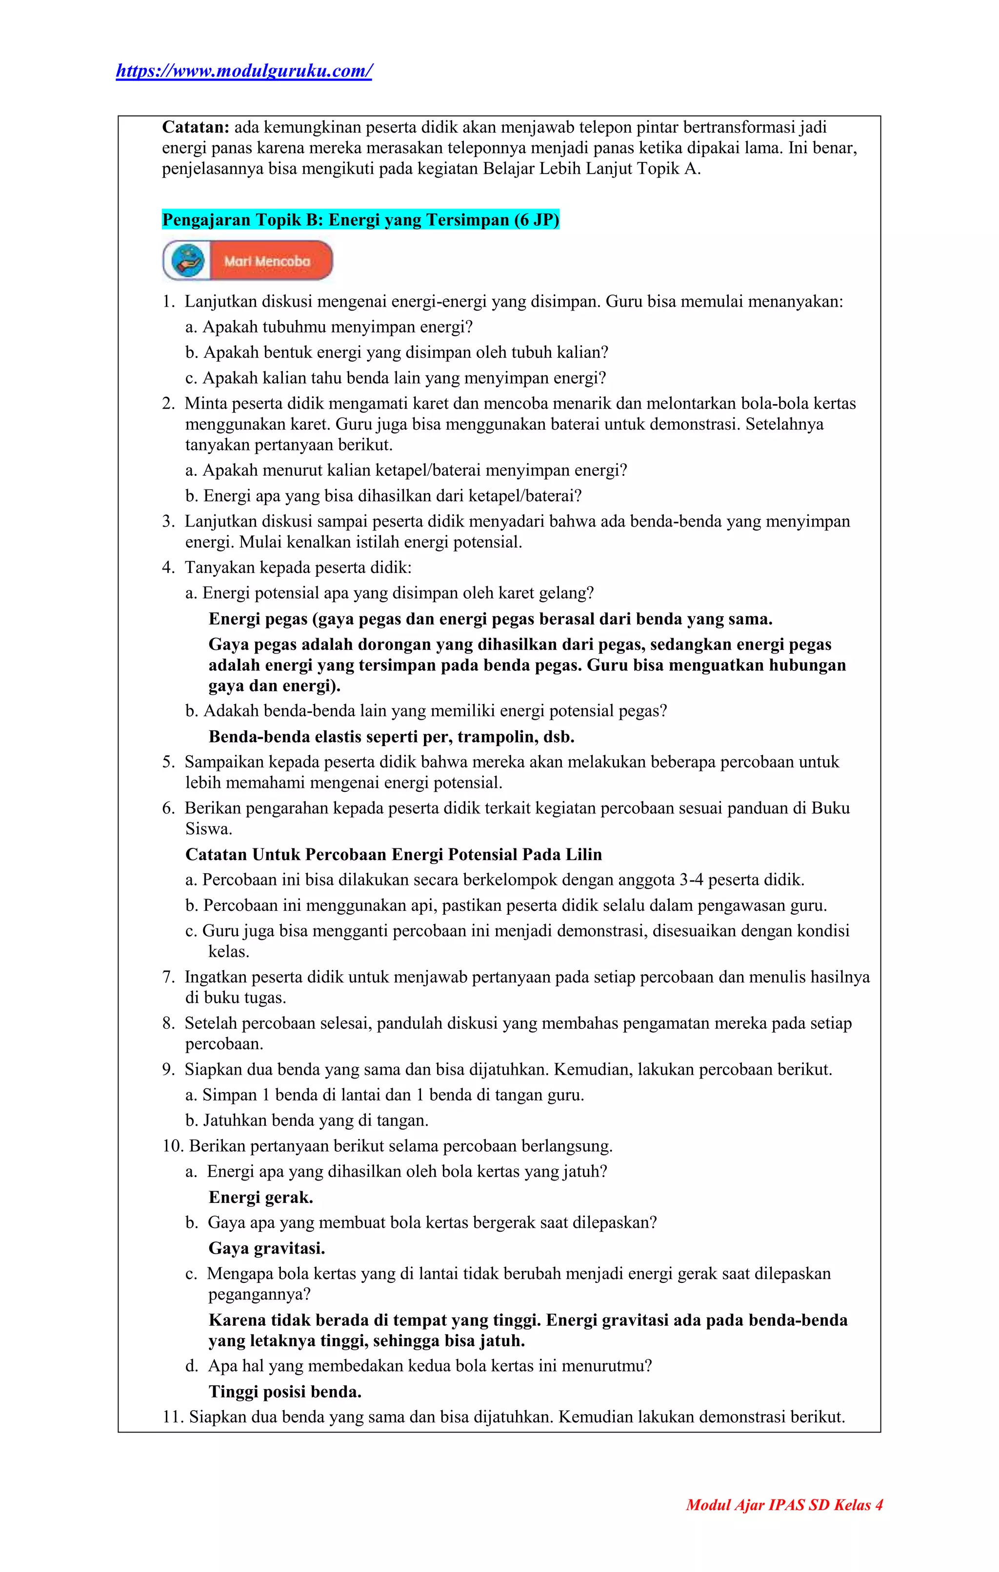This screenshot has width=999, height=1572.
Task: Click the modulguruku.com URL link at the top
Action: pyautogui.click(x=243, y=71)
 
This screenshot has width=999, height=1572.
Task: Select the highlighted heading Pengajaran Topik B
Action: pyautogui.click(x=360, y=220)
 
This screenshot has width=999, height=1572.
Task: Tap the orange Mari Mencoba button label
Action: pyautogui.click(x=268, y=261)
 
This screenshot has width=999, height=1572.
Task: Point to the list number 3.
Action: pyautogui.click(x=168, y=522)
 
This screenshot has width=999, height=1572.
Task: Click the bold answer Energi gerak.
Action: pyautogui.click(x=260, y=1197)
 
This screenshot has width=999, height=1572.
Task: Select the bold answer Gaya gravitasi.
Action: pyautogui.click(x=266, y=1248)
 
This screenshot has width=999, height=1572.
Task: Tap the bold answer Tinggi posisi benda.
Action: pyautogui.click(x=285, y=1392)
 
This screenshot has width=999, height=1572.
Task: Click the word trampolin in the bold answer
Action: pyautogui.click(x=498, y=737)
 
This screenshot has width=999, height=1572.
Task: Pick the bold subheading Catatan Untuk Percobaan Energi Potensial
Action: pyautogui.click(x=393, y=855)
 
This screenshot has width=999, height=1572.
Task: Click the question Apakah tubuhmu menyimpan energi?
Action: pyautogui.click(x=337, y=327)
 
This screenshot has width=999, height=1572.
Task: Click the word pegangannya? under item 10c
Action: pyautogui.click(x=259, y=1295)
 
